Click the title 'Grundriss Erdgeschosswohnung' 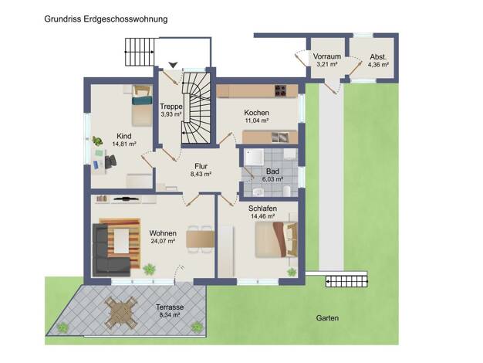[x=106, y=19]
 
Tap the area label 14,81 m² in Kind [x=124, y=144]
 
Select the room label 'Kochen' [x=256, y=113]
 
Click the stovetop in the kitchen [x=280, y=90]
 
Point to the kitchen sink [x=280, y=137]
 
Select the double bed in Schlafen [x=276, y=239]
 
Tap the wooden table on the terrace [x=120, y=313]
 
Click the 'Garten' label [x=327, y=318]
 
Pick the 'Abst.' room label [x=378, y=57]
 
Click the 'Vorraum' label [x=327, y=56]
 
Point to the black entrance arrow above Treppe [x=173, y=65]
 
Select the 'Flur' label [x=201, y=166]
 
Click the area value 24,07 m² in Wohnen [x=163, y=241]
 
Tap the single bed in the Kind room [x=142, y=106]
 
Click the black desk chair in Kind [x=110, y=161]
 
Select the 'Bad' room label [x=272, y=171]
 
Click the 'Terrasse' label [x=170, y=307]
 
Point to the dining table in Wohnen [x=201, y=239]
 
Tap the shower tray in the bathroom [x=254, y=158]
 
